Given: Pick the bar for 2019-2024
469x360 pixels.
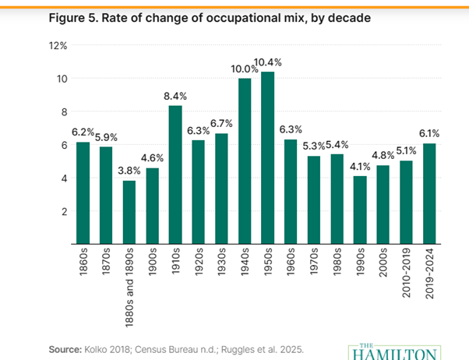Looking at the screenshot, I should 429,194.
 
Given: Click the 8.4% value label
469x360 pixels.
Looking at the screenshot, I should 175,96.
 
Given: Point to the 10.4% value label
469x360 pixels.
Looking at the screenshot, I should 270,62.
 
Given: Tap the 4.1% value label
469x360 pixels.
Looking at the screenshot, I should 360,167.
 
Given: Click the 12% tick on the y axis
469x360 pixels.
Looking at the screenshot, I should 60,46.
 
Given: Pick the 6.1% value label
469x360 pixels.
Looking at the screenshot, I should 429,134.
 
